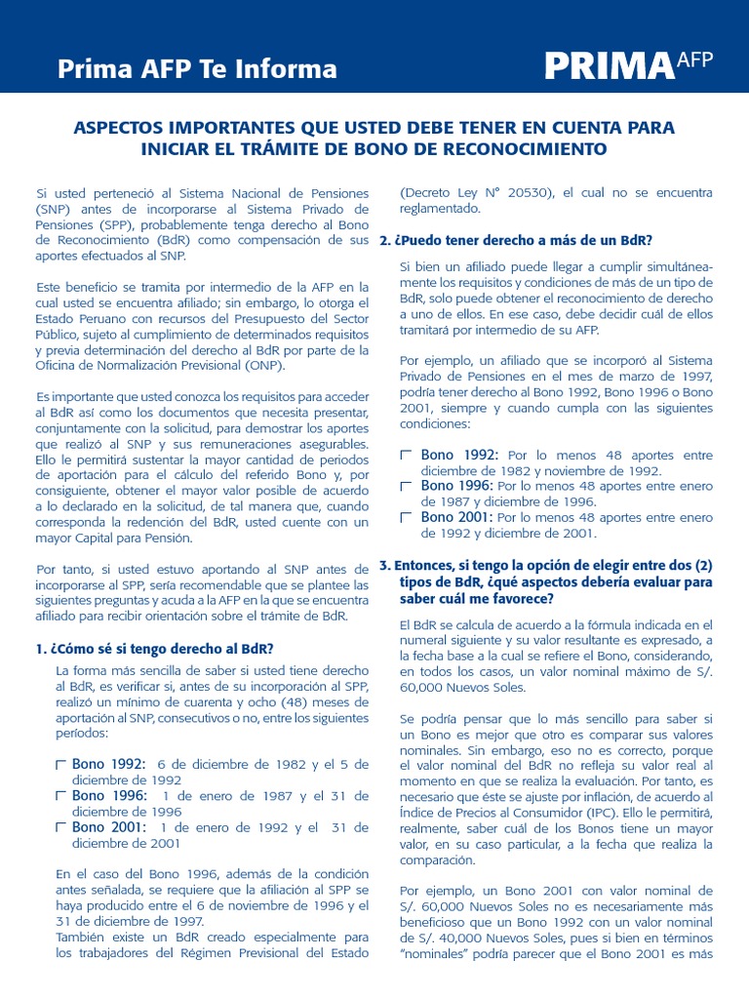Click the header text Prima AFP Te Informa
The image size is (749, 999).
[x=197, y=69]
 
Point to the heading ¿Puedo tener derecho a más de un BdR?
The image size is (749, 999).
[x=516, y=240]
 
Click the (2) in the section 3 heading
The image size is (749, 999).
[x=701, y=564]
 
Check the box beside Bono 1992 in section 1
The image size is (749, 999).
[x=61, y=765]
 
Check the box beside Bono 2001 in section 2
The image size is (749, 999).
[x=407, y=518]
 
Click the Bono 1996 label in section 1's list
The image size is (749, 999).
[x=108, y=795]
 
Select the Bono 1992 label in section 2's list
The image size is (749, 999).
[x=458, y=455]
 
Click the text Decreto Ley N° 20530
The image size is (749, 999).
[x=478, y=192]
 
